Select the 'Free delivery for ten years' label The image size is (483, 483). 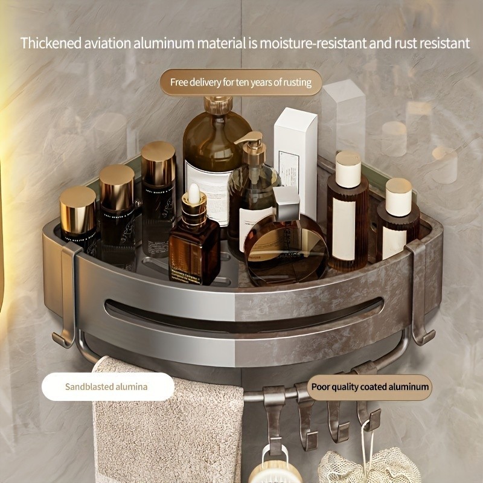tap(241, 82)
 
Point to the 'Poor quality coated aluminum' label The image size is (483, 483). tap(371, 386)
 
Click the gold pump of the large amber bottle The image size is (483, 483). tap(216, 104)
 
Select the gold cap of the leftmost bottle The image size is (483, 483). tap(78, 205)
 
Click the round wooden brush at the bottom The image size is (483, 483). tap(284, 468)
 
